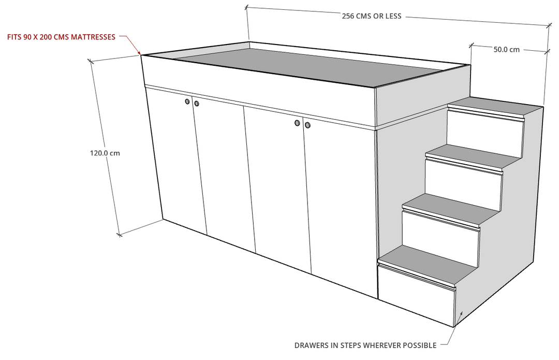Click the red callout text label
point(61,37)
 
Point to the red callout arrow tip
point(141,53)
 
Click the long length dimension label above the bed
point(346,15)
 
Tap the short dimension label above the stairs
point(499,50)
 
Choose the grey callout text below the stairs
point(365,344)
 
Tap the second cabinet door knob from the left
point(197,104)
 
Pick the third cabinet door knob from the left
point(297,123)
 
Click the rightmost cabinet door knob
point(307,125)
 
